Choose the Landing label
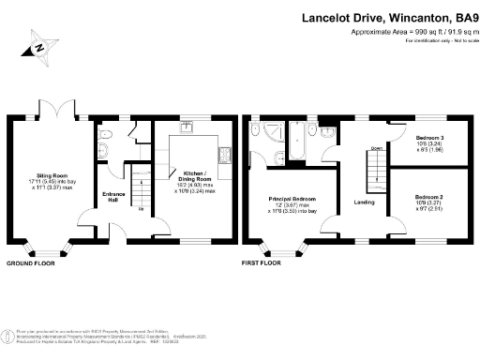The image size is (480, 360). [x=365, y=201]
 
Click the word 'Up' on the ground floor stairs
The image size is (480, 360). [x=142, y=208]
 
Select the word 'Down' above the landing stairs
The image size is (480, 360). [x=376, y=148]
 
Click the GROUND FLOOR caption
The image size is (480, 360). [x=30, y=263]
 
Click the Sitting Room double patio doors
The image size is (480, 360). [x=61, y=117]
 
